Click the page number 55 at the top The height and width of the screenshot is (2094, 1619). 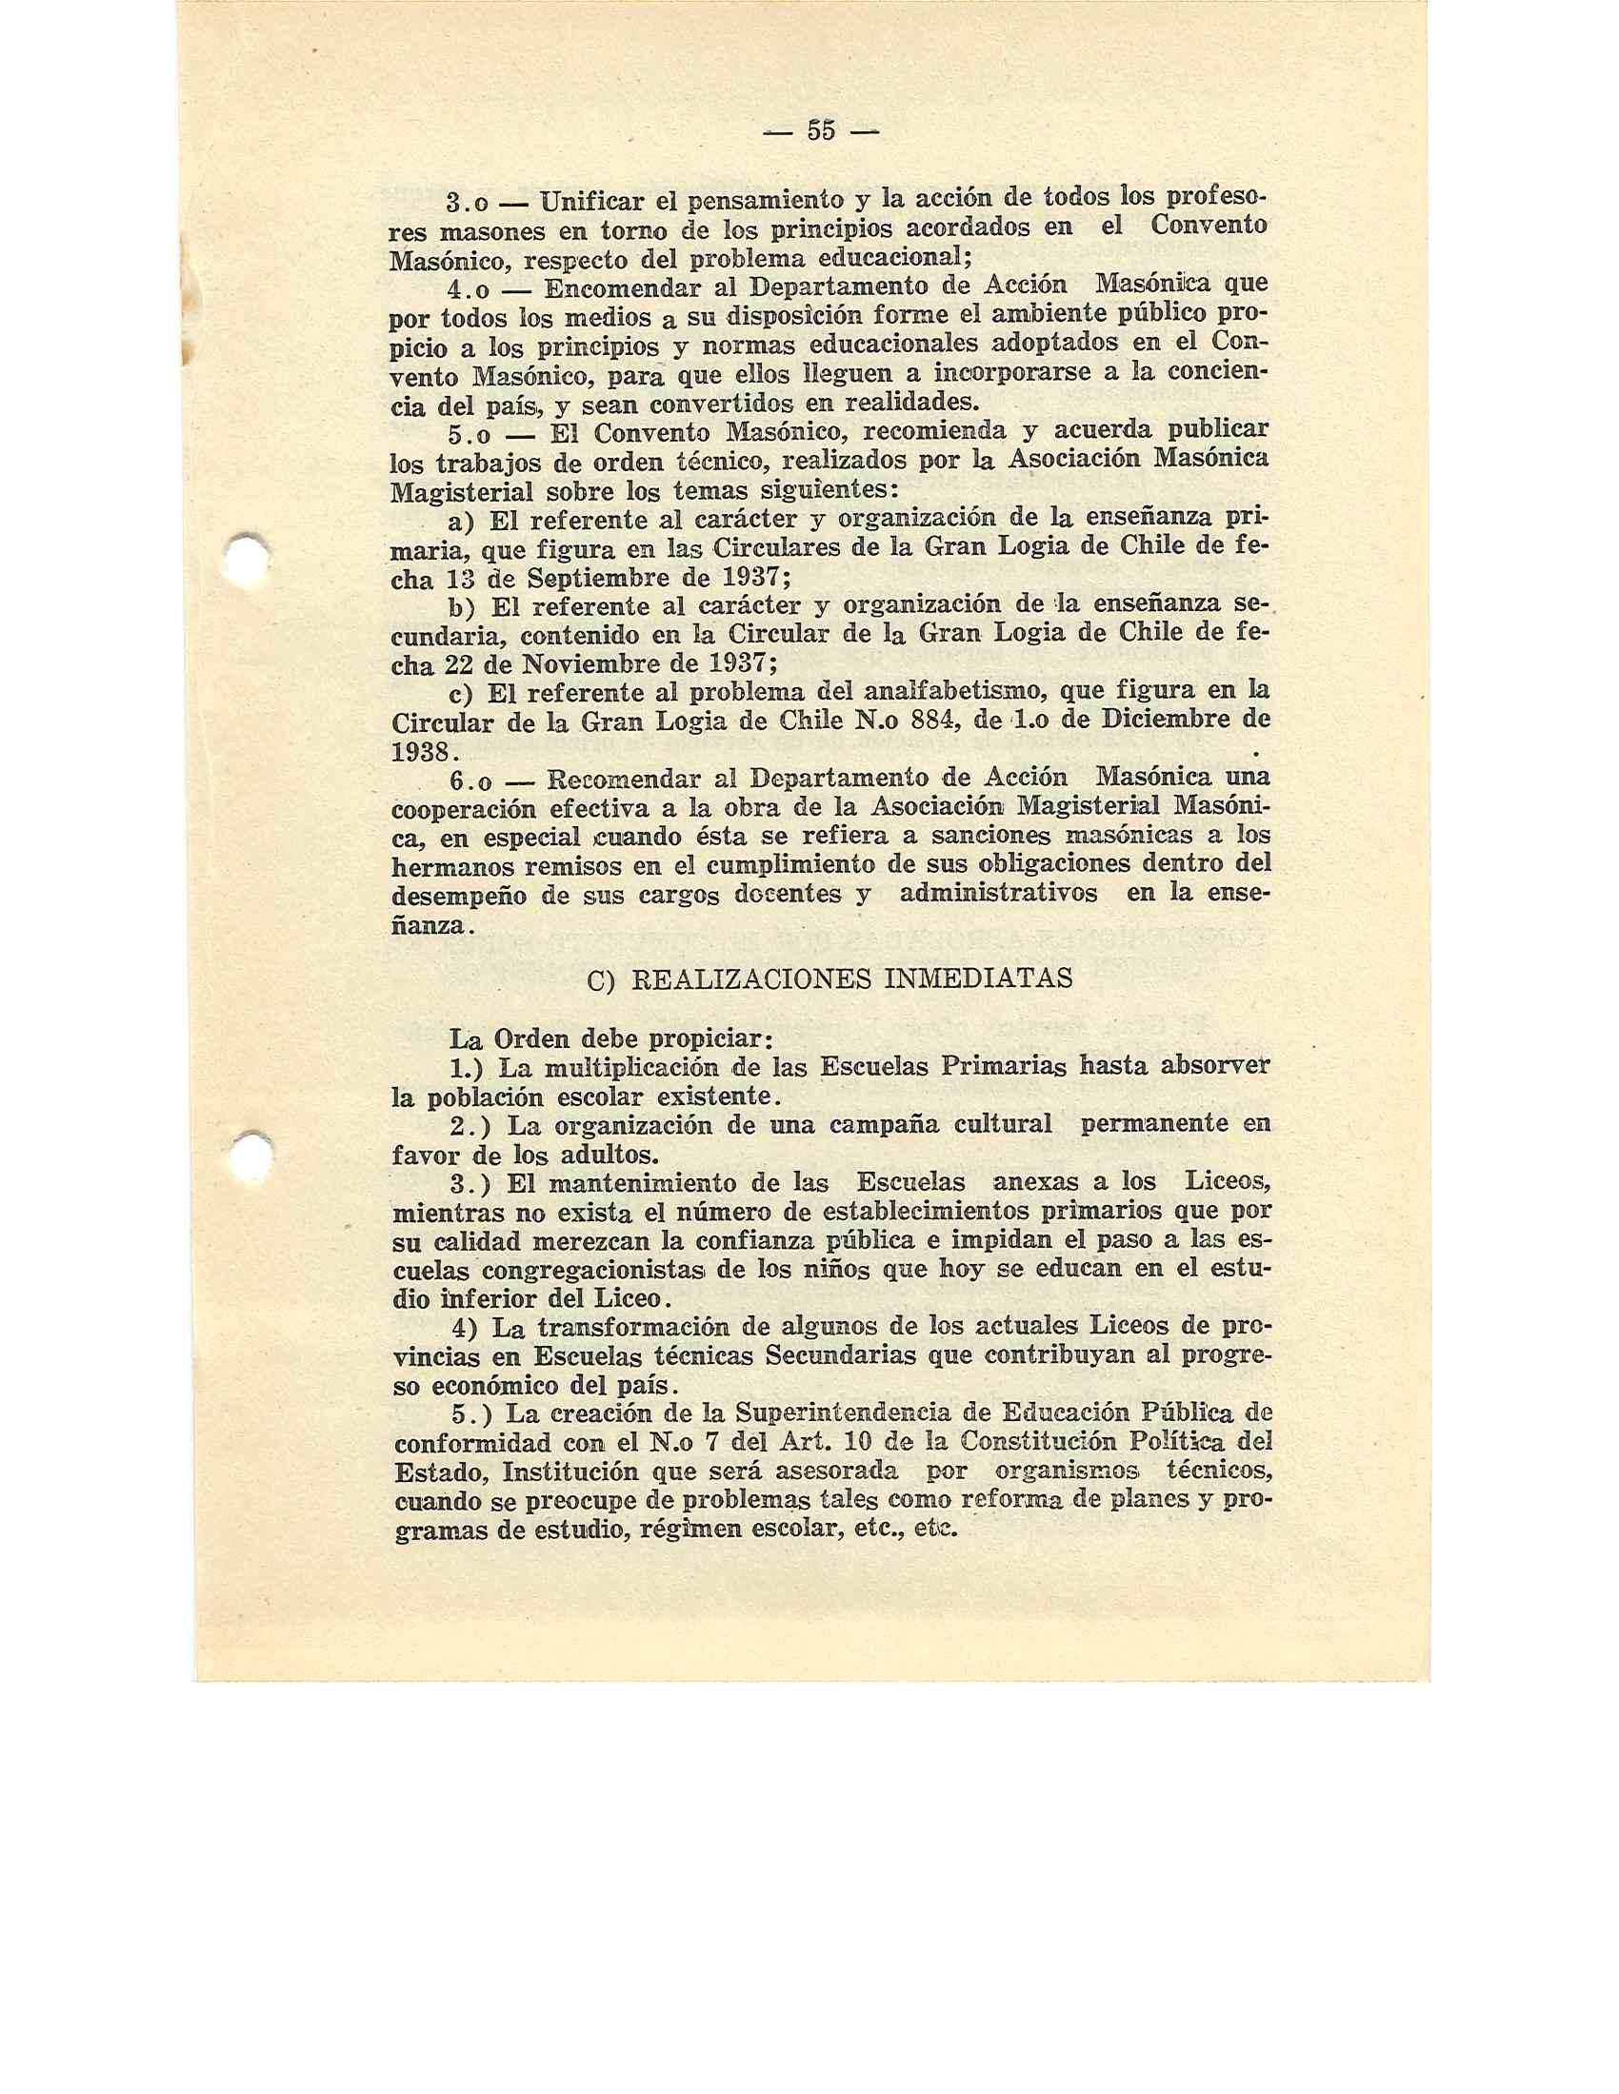(821, 130)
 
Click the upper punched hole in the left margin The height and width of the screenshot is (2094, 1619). (247, 556)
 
